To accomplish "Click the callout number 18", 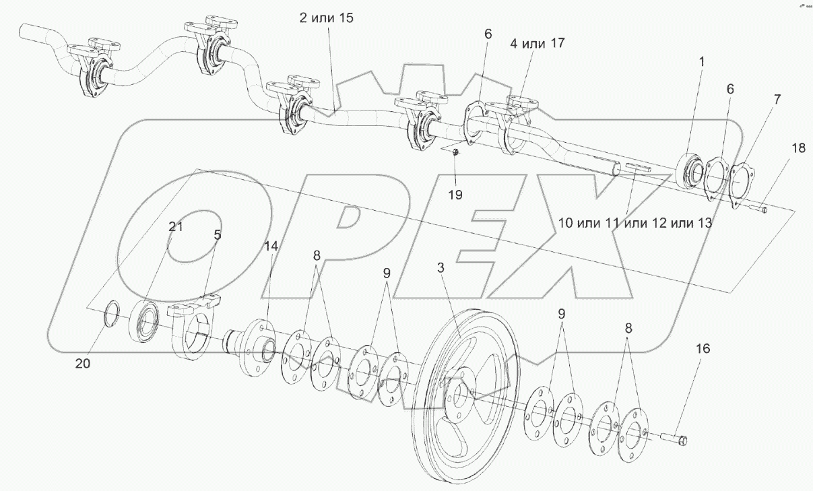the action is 798,148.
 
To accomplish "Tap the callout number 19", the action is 455,195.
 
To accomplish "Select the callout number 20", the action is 83,363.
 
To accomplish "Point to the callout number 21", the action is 176,227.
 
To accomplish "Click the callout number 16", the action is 703,349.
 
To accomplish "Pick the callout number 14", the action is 271,247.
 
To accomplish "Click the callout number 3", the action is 441,268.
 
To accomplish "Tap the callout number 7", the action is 777,100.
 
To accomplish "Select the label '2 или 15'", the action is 326,18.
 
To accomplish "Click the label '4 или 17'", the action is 538,43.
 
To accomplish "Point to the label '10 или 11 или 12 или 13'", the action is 635,223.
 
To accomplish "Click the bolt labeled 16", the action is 674,439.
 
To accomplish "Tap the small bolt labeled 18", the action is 757,208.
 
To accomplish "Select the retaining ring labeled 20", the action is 111,314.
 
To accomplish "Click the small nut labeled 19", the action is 456,152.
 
